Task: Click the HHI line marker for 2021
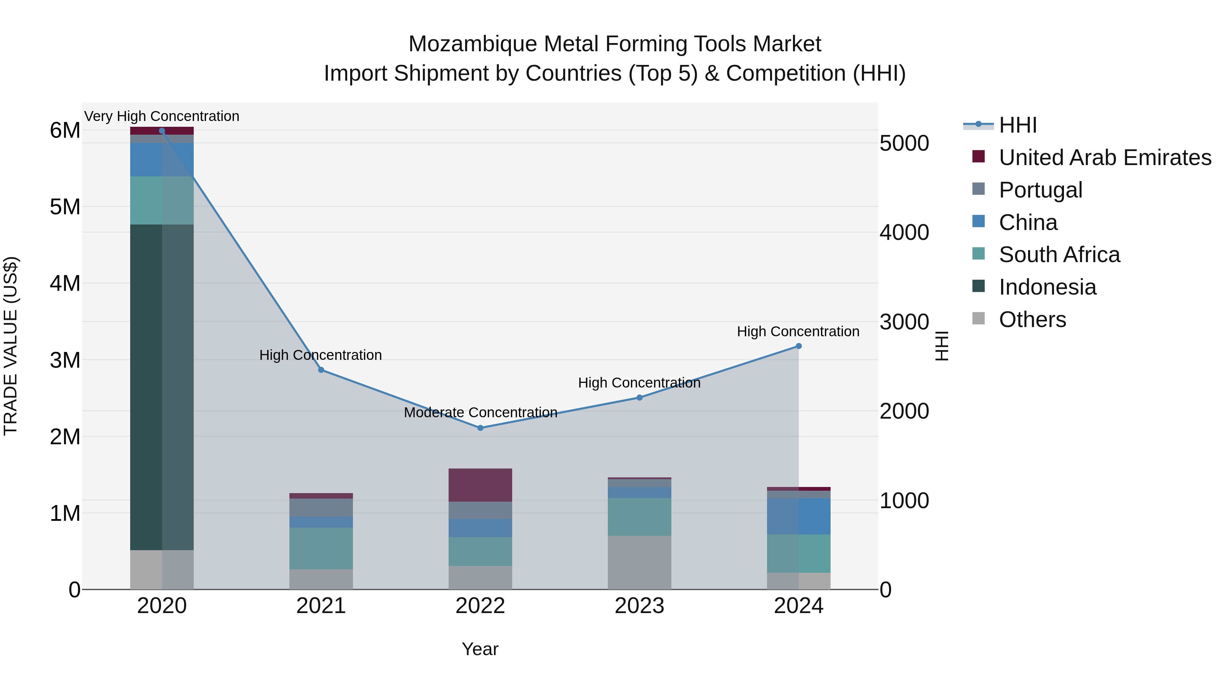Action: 321,370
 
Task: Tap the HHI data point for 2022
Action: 480,428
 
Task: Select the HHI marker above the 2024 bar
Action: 798,346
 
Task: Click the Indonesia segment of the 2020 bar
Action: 162,387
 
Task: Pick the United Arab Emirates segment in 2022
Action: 480,485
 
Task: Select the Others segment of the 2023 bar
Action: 639,562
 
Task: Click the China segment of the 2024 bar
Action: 798,516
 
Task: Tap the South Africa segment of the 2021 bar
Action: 321,548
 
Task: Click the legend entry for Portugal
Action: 1040,190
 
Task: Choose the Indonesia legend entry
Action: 1047,287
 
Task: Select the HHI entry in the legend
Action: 1017,125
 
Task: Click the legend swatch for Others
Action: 979,318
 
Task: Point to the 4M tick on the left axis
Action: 65,284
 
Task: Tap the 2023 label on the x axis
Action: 639,606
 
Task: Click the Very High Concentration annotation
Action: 162,117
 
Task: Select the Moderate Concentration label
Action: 480,412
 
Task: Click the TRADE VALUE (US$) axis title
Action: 11,346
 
